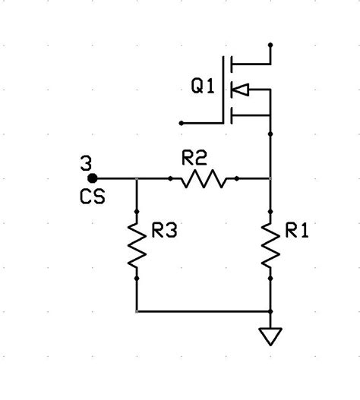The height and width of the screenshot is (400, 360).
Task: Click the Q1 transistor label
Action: (x=203, y=88)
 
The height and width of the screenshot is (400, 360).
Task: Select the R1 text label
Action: (x=297, y=232)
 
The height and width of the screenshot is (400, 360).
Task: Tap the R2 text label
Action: (x=194, y=158)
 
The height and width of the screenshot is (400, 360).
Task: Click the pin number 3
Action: (x=85, y=163)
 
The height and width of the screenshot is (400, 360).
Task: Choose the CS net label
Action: (x=92, y=197)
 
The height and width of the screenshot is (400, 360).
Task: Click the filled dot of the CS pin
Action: (x=92, y=179)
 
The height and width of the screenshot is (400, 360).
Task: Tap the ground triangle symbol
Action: (x=271, y=335)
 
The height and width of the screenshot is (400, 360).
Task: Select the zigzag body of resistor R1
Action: (x=271, y=244)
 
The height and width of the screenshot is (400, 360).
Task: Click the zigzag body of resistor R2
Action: (x=204, y=179)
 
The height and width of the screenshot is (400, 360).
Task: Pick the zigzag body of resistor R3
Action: (x=137, y=244)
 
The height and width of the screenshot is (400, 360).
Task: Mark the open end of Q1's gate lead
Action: (x=181, y=122)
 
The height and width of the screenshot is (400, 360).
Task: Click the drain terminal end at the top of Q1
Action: (x=271, y=45)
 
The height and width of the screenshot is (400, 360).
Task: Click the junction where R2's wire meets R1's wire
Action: (x=271, y=179)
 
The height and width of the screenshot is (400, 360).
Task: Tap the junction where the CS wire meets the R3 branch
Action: (x=137, y=179)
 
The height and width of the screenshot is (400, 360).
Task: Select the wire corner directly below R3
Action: (x=137, y=311)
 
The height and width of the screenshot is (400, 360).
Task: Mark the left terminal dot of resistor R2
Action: (x=170, y=179)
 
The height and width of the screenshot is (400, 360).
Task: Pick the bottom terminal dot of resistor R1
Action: (x=271, y=278)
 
